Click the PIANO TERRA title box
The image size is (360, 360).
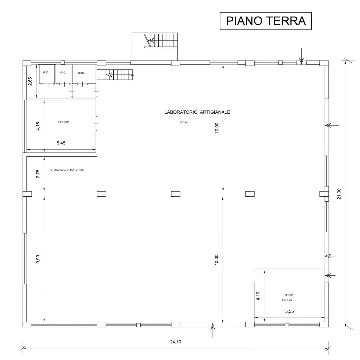coord(265,21)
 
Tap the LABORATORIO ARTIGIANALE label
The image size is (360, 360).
coord(197,112)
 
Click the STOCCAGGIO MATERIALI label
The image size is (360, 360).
coord(67,170)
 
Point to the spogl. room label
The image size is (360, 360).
coord(81,73)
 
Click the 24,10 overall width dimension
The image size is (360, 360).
coord(175,342)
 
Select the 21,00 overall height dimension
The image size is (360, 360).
coord(339,193)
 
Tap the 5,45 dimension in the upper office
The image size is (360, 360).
coord(61,143)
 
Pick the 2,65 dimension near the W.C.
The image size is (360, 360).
coord(30,81)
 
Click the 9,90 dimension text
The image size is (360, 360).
coord(38,259)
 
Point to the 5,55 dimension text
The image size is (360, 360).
coord(290,311)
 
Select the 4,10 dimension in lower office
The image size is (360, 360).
coord(258,296)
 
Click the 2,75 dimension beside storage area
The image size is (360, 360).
coord(38,174)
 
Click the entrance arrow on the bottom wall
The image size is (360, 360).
coord(213,330)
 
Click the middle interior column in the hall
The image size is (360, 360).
coord(176,194)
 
